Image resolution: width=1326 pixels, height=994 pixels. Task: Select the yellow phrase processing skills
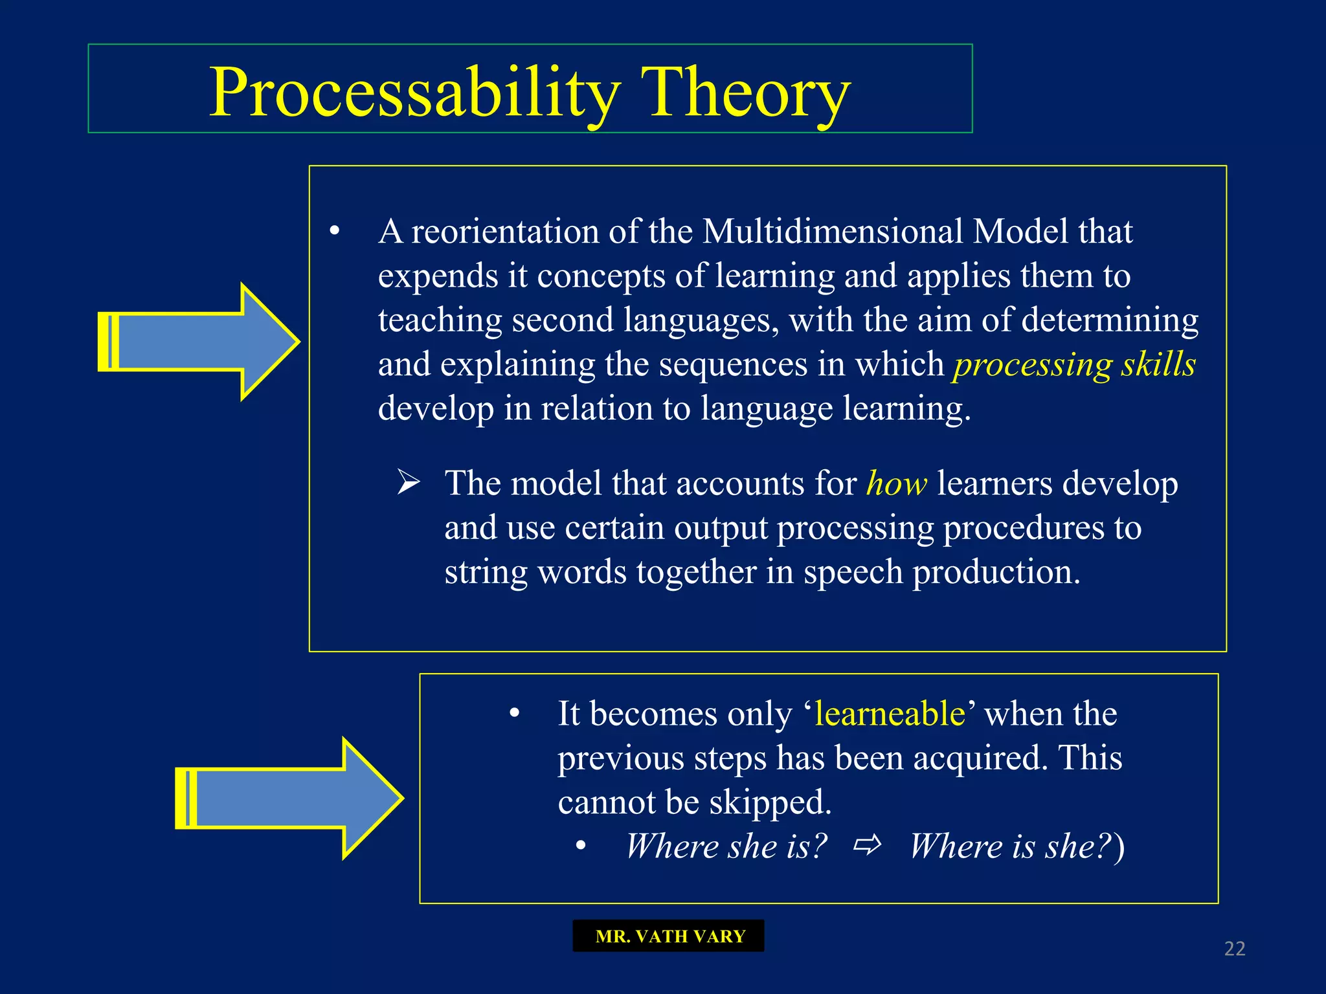[x=1073, y=365]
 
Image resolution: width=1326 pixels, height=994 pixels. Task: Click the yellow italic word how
[x=896, y=484]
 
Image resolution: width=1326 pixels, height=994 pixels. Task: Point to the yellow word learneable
[x=890, y=714]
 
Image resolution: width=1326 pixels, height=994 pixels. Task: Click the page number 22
[x=1234, y=949]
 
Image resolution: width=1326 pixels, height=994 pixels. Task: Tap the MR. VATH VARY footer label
[x=669, y=936]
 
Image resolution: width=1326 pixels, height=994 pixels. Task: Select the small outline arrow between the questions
[x=868, y=845]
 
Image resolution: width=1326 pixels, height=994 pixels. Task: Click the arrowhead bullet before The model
[x=409, y=483]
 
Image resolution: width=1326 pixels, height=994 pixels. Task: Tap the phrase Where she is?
[x=726, y=846]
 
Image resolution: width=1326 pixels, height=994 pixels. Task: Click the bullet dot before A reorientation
[x=335, y=231]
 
